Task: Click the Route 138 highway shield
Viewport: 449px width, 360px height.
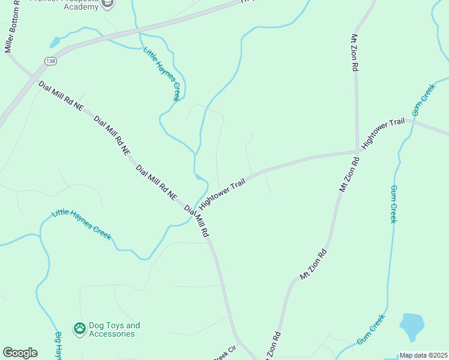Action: point(50,61)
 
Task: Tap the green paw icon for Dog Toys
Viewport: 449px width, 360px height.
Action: point(79,328)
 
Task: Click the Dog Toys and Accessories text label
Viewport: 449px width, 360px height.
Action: point(114,329)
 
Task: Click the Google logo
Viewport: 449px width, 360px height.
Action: point(20,353)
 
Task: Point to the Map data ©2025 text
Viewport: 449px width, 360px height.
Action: point(423,355)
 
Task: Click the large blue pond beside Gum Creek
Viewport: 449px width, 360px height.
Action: point(412,326)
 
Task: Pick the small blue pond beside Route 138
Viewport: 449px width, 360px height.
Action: point(55,42)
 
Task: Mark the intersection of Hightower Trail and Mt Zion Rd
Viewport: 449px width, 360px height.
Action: point(358,151)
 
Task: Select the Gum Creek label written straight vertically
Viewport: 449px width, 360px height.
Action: point(394,204)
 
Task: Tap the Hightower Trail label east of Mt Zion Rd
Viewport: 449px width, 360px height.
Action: point(384,131)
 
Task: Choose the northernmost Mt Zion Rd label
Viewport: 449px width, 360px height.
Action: point(355,52)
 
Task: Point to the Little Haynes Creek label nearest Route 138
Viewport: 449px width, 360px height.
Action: point(161,73)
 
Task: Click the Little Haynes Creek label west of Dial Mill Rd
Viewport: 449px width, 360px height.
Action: point(82,224)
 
